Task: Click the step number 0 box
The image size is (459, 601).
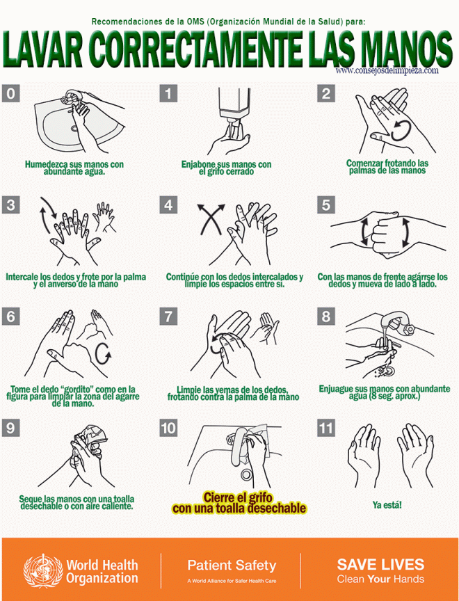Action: (10, 93)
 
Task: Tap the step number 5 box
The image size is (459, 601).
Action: (326, 205)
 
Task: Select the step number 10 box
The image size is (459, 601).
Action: (168, 428)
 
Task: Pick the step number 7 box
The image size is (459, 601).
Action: (168, 316)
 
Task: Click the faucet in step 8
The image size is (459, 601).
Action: (398, 323)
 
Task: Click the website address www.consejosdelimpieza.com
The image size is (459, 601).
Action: (387, 70)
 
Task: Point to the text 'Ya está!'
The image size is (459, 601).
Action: (387, 505)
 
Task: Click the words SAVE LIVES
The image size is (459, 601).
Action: (380, 564)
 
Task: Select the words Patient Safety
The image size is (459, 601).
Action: (232, 566)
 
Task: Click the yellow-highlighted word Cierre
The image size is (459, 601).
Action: (219, 497)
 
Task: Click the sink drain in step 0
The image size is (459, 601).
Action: (74, 129)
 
